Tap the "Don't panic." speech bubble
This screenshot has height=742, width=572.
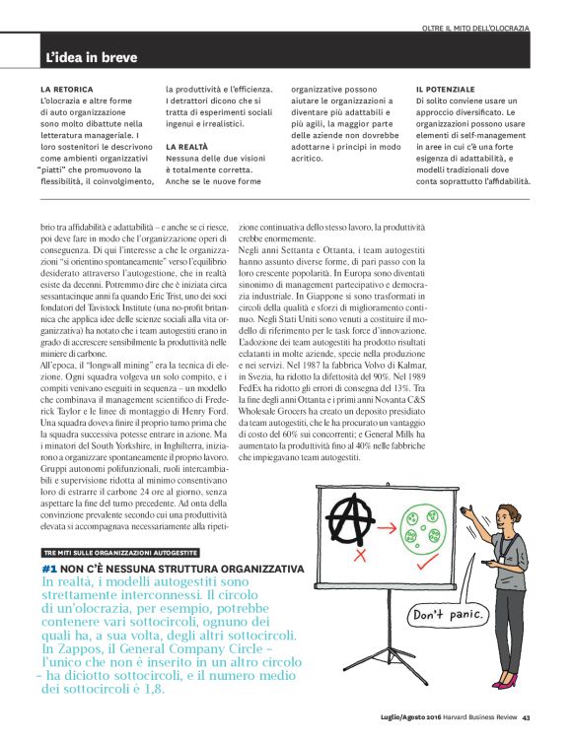[452, 617]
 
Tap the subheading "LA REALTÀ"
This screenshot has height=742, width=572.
[186, 146]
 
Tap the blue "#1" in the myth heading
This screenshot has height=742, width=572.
[55, 569]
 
